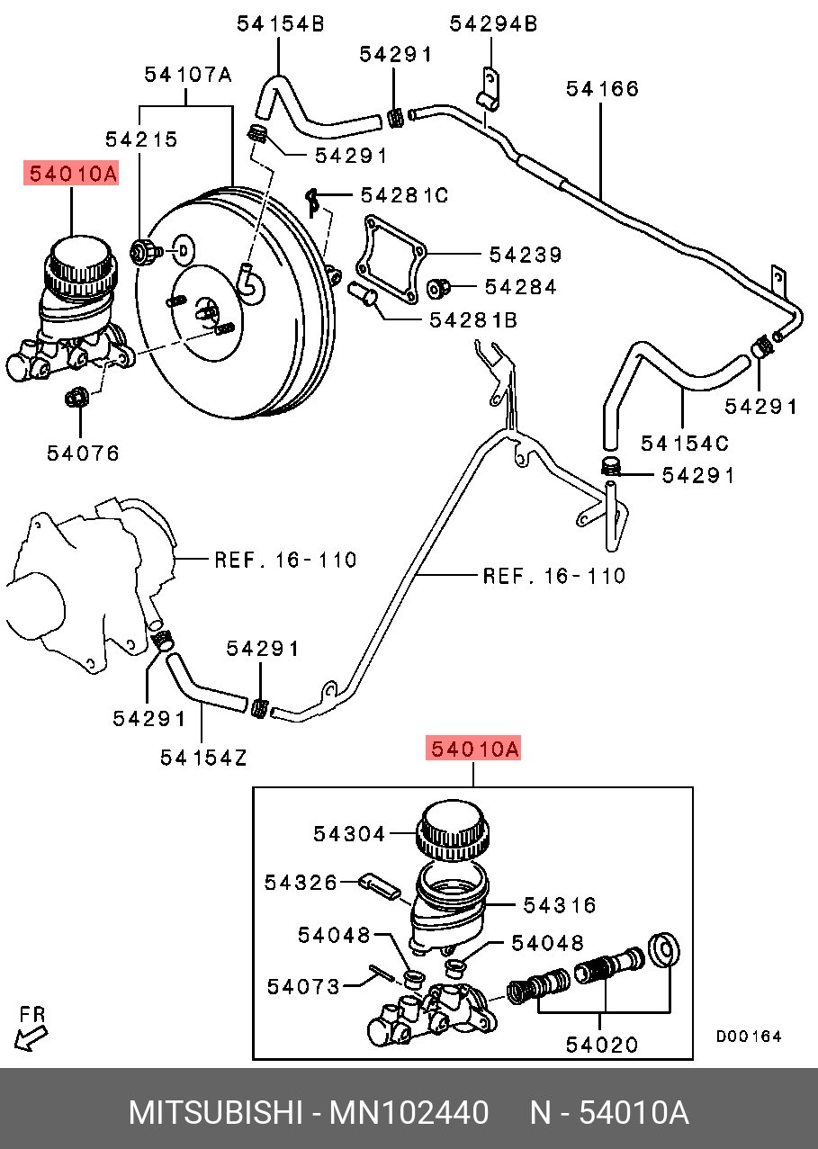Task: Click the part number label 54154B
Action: (x=280, y=25)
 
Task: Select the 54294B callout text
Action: (x=493, y=25)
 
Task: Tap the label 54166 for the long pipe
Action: (x=603, y=88)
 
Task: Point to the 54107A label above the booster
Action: (x=188, y=76)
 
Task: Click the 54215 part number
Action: (x=141, y=139)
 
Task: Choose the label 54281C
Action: (x=404, y=194)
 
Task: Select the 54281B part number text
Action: (x=472, y=319)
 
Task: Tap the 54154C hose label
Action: (x=685, y=443)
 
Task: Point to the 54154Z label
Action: (x=203, y=759)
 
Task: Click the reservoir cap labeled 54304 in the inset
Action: (x=454, y=830)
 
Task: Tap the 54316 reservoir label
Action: (x=560, y=904)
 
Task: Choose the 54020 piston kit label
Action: (x=602, y=1045)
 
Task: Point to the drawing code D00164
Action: (x=749, y=1037)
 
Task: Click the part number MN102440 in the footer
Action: (x=409, y=1113)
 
